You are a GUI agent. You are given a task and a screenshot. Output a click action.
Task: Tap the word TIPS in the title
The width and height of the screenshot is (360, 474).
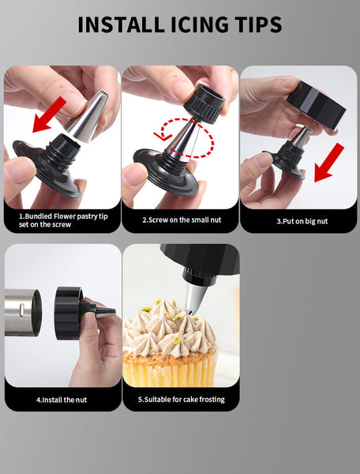click(x=247, y=24)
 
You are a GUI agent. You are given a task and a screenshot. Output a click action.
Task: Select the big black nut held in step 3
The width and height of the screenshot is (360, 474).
click(x=315, y=104)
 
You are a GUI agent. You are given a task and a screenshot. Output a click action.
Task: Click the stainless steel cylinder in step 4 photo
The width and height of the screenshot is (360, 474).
click(x=23, y=312)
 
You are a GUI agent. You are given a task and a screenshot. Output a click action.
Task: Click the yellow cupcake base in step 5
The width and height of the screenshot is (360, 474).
click(x=170, y=367)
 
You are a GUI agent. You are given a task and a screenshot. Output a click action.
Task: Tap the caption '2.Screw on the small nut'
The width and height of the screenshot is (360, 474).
click(x=179, y=220)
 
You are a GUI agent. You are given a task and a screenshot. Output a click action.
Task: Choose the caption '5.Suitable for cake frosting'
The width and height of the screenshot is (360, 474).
click(x=181, y=399)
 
